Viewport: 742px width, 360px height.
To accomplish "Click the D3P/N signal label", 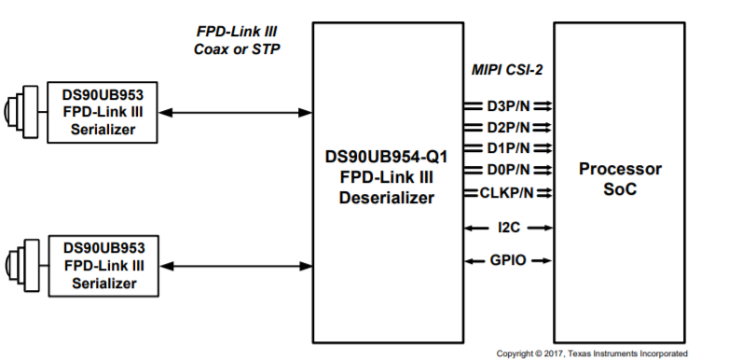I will tap(509, 105).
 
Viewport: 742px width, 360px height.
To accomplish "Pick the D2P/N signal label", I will tap(509, 127).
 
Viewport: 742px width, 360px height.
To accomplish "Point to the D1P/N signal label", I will tap(509, 147).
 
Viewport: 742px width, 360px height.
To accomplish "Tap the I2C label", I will tap(508, 227).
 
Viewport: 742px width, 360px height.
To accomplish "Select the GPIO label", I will tap(508, 260).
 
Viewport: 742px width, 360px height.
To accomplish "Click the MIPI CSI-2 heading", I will tap(507, 69).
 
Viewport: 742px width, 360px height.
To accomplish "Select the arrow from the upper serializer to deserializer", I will tap(234, 112).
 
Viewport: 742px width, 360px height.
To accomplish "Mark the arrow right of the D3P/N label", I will tap(543, 105).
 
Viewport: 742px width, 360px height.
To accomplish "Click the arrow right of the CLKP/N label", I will tap(543, 192).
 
